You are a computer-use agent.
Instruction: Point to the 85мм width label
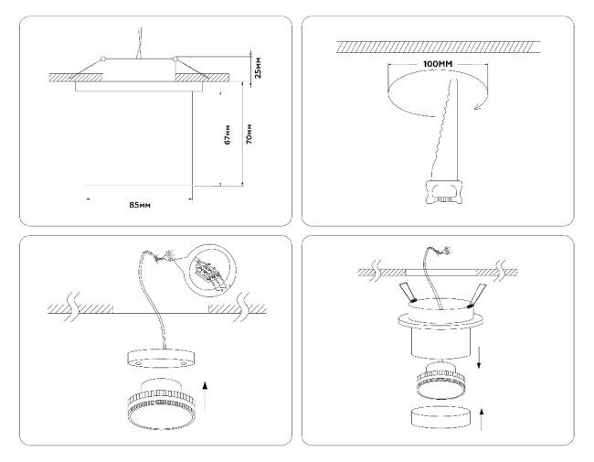[x=139, y=204]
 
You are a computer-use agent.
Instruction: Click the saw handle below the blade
[x=446, y=189]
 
